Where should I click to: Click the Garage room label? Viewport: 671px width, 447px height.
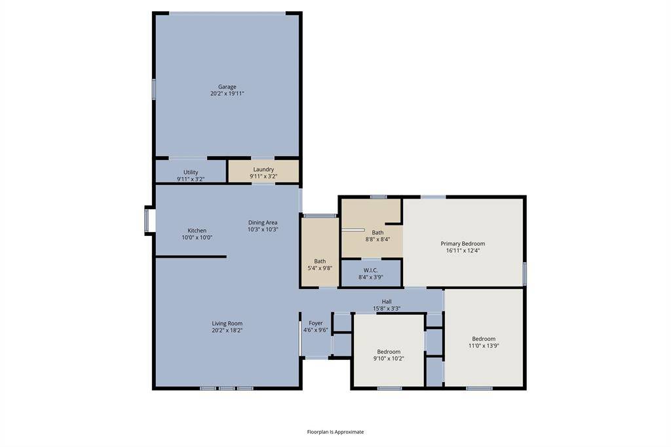[x=227, y=87]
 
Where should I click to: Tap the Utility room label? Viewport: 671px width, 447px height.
[x=191, y=172]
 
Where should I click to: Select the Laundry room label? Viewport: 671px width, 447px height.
[x=263, y=169]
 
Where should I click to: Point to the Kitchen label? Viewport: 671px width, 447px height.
[x=197, y=231]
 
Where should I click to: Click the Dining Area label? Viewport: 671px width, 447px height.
[x=263, y=222]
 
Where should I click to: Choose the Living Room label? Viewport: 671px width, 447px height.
[x=227, y=323]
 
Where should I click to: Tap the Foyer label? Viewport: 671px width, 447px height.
[x=316, y=323]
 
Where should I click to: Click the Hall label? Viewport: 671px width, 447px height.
[x=387, y=301]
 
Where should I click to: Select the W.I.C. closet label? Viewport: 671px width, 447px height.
[x=371, y=270]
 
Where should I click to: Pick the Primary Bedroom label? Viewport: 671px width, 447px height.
[x=463, y=243]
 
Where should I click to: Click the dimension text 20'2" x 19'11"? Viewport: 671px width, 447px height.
[x=227, y=94]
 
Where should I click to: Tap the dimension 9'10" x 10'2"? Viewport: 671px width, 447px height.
[x=389, y=359]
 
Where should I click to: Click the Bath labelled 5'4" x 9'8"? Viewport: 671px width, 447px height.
[x=320, y=262]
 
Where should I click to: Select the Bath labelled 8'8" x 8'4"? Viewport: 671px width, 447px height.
[x=378, y=233]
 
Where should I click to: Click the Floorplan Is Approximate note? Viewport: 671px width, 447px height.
[x=335, y=432]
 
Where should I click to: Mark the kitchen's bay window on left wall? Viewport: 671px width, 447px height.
[x=147, y=220]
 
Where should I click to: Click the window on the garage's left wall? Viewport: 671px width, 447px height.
[x=154, y=88]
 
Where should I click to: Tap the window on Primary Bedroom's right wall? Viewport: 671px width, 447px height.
[x=525, y=273]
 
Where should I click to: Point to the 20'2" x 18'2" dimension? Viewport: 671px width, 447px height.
[x=227, y=330]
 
